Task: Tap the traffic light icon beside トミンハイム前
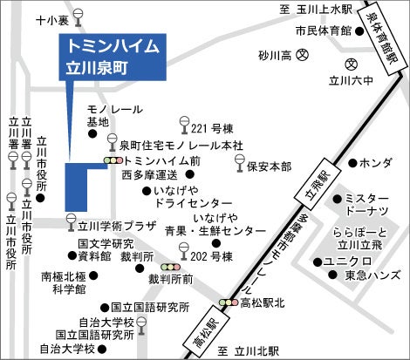(x=113, y=160)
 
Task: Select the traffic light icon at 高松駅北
(x=229, y=302)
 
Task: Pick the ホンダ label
(x=375, y=163)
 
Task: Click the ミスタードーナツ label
(x=372, y=206)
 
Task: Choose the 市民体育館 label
(x=322, y=30)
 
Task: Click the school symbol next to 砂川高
(x=303, y=55)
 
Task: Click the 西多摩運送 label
(x=150, y=174)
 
